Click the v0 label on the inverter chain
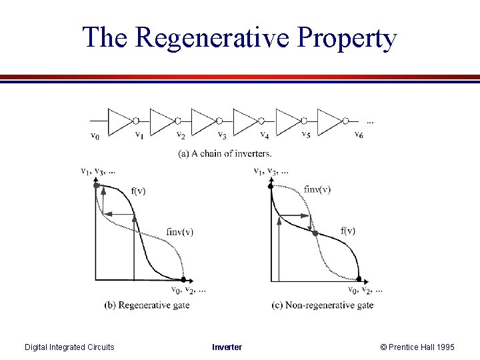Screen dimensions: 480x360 [x=95, y=137]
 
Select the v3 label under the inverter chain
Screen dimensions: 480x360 [x=223, y=137]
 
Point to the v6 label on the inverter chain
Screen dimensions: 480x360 [x=359, y=137]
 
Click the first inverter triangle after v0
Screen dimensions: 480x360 [x=121, y=121]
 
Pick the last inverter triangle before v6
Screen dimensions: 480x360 [x=330, y=121]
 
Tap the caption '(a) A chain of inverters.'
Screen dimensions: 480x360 [x=225, y=153]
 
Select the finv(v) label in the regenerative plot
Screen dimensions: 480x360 [x=179, y=232]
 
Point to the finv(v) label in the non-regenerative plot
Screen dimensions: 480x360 [x=317, y=189]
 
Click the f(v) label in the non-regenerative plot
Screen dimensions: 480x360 [x=347, y=231]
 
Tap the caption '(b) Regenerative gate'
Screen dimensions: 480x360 [x=147, y=305]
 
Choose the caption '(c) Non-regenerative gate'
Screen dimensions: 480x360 [x=323, y=305]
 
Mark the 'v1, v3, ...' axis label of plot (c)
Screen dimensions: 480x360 [x=271, y=171]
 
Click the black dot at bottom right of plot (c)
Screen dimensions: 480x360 [x=359, y=279]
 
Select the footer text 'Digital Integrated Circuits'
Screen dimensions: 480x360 [x=69, y=347]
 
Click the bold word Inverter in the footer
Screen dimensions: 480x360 [x=227, y=347]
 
